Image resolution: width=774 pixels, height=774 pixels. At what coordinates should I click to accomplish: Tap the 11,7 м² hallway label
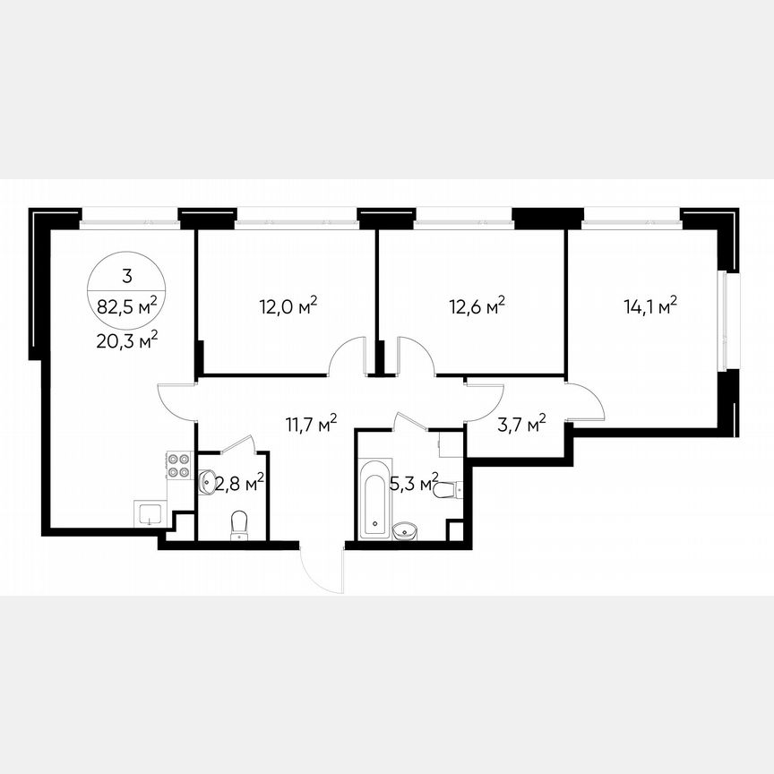pyautogui.click(x=311, y=423)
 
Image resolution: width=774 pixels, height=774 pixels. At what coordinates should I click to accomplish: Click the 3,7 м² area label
pyautogui.click(x=521, y=424)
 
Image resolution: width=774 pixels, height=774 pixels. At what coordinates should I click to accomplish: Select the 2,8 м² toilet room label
pyautogui.click(x=237, y=485)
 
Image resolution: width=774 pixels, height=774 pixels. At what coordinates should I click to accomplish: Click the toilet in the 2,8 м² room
pyautogui.click(x=239, y=524)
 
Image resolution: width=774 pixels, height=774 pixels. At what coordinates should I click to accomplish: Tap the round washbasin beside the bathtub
pyautogui.click(x=407, y=531)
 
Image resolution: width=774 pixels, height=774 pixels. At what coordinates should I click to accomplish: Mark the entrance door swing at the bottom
pyautogui.click(x=322, y=569)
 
